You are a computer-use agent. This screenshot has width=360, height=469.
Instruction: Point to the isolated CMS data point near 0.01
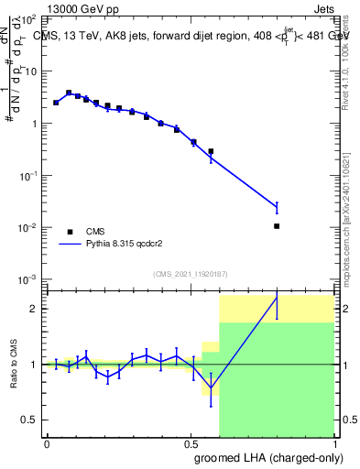pos(277,225)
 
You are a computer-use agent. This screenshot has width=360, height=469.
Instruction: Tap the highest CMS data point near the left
pos(69,93)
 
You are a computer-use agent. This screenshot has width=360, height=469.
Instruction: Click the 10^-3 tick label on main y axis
pos(27,278)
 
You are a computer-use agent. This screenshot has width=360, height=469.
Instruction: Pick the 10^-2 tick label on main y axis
pos(27,227)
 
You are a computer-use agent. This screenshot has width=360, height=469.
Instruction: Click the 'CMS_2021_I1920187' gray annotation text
pos(191,273)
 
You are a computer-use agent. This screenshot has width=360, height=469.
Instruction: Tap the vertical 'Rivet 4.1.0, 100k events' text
pos(349,55)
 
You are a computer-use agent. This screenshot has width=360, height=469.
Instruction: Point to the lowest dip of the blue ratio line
pos(212,387)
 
